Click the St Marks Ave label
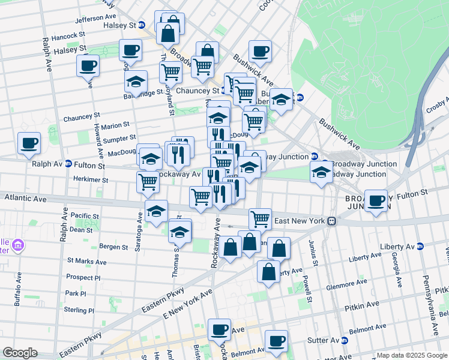[86, 262]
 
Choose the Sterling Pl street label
[79, 310]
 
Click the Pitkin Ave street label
[360, 308]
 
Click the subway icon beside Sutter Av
[345, 340]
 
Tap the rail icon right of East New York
[331, 221]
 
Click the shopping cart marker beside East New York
[260, 218]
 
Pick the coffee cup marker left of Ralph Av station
[29, 143]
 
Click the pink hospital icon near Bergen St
[18, 245]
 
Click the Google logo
[19, 353]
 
